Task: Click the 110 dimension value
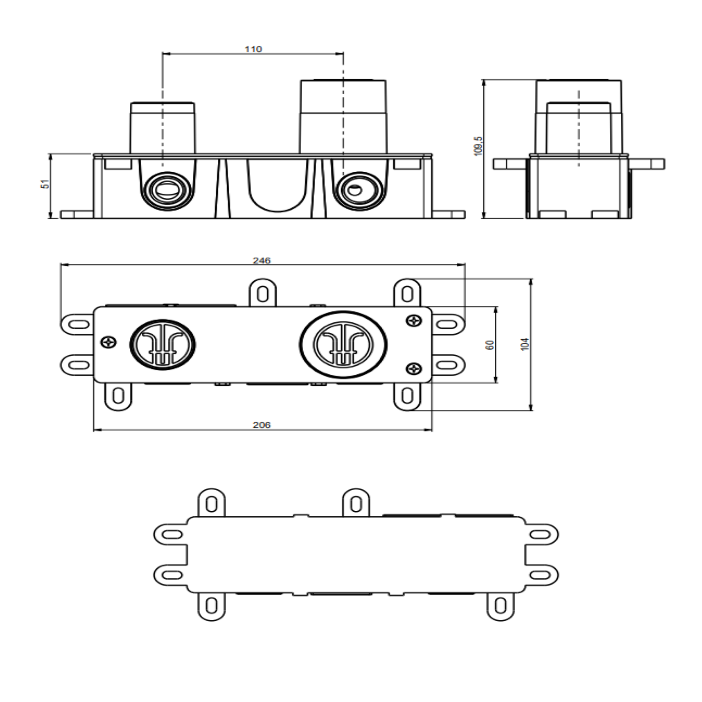tap(253, 49)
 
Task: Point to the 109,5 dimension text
tap(478, 146)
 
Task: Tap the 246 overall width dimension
tap(262, 261)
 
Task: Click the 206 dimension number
tap(262, 425)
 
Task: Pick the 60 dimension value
tap(490, 345)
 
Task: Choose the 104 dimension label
tap(525, 344)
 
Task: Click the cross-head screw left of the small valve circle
tap(110, 342)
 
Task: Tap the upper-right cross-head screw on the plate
tap(414, 321)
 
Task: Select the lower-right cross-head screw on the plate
tap(414, 369)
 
